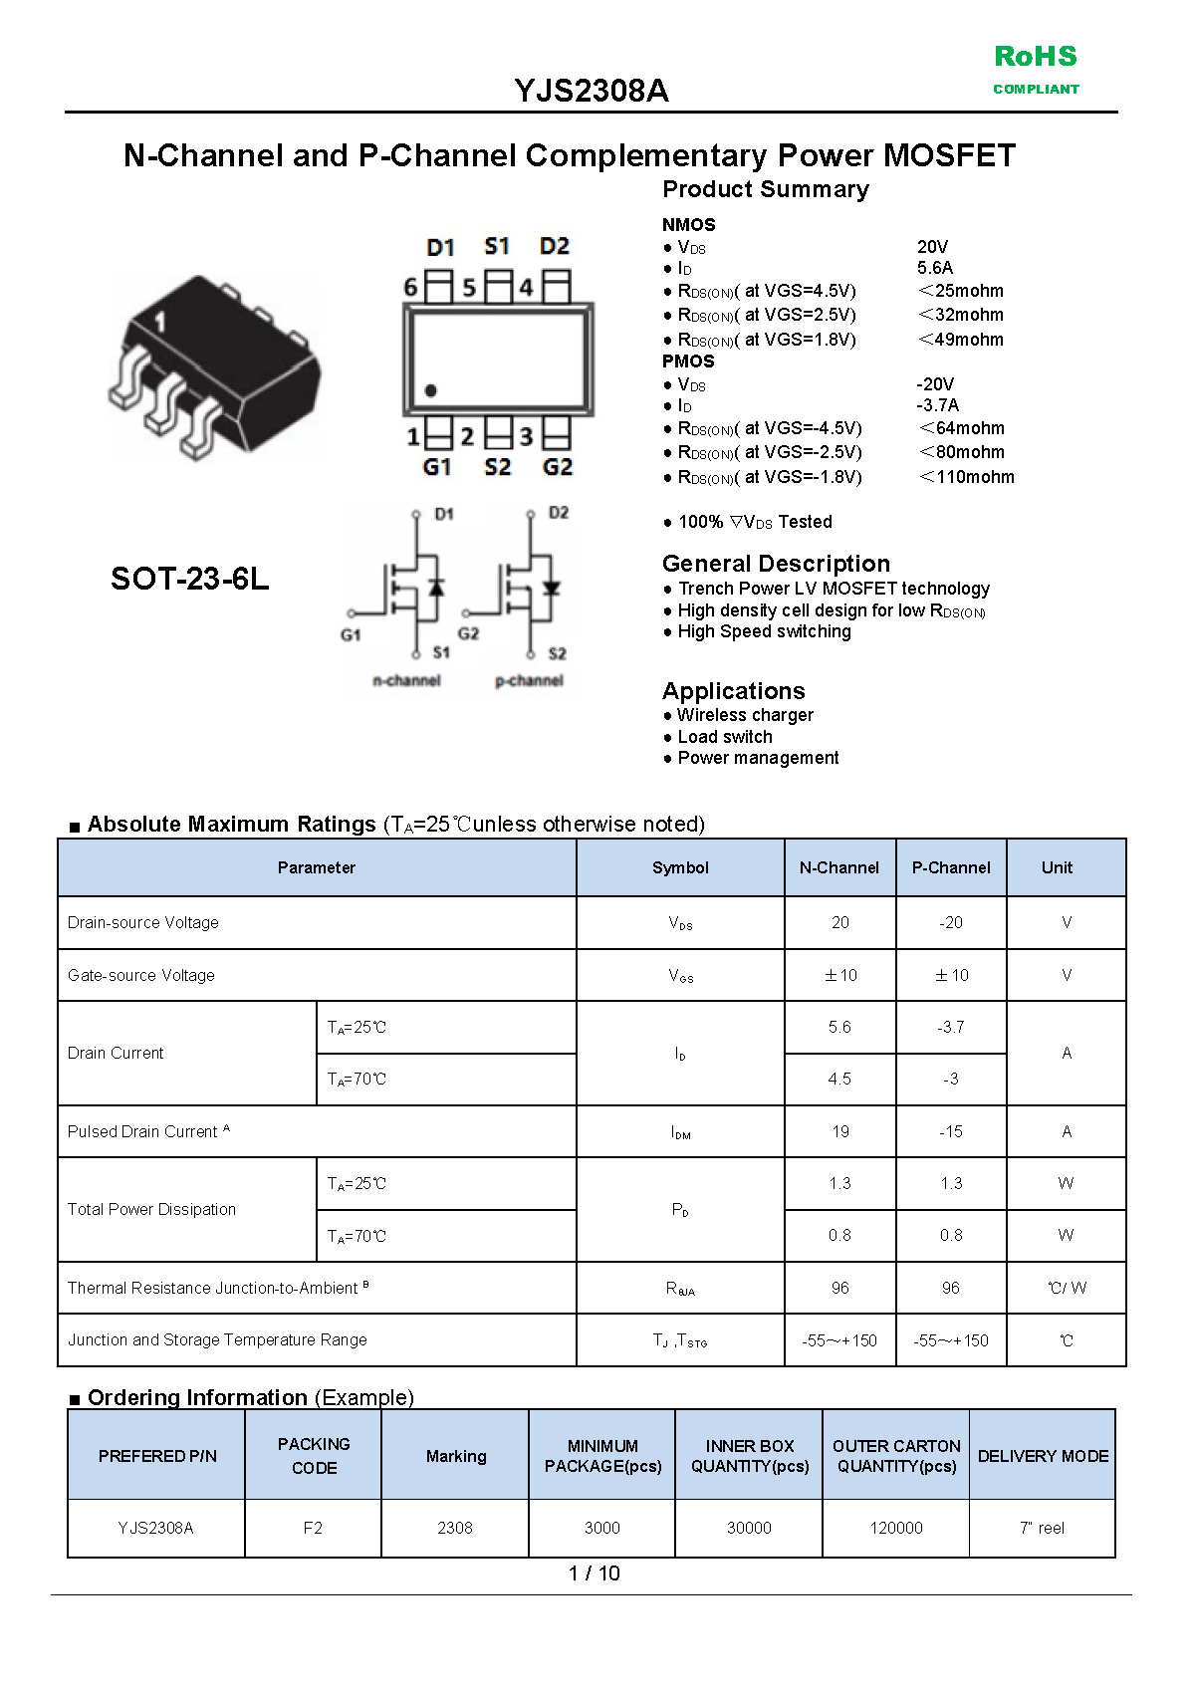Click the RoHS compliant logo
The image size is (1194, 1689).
coord(1036,68)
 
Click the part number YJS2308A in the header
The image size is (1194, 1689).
coord(591,91)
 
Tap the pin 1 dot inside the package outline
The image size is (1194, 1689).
coord(430,390)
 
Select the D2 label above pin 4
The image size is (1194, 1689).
coord(555,246)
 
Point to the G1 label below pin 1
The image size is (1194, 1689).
coord(437,467)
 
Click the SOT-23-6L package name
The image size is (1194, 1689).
coord(189,579)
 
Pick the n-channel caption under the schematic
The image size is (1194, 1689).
coord(406,680)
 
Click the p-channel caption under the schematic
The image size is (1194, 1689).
coord(529,680)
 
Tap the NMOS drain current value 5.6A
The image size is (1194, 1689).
coord(935,268)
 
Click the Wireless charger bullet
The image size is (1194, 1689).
coord(745,715)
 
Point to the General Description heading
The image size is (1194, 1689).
coord(776,564)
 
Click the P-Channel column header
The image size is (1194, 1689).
coord(951,867)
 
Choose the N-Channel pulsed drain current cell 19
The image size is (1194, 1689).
coord(840,1131)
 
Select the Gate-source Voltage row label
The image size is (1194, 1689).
coord(141,975)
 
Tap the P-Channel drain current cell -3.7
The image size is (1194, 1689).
coord(951,1027)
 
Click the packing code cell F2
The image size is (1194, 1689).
coord(313,1528)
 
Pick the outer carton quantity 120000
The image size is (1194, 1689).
coord(896,1528)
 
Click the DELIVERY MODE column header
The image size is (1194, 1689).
coord(1043,1456)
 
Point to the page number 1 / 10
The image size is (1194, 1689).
coord(594,1573)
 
